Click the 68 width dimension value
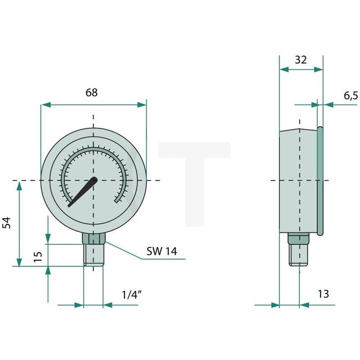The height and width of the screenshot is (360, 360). click(92, 92)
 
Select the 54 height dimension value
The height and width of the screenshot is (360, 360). click(7, 223)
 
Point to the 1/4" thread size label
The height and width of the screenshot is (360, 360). click(132, 295)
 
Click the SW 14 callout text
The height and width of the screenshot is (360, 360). click(162, 251)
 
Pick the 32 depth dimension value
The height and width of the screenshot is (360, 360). click(301, 59)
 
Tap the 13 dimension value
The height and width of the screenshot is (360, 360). click(323, 294)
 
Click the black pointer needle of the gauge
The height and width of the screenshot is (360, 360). click(81, 193)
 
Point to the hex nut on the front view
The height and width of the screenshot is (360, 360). click(94, 239)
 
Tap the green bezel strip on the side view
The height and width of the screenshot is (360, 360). click(320, 181)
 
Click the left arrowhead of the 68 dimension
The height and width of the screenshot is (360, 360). click(45, 104)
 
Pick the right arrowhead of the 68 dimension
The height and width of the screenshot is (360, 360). click(142, 104)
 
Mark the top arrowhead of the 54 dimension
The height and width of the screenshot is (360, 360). click(20, 184)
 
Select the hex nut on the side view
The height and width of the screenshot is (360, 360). click(297, 239)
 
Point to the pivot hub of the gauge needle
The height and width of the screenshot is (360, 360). click(94, 180)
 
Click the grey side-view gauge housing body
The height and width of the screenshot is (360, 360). click(297, 181)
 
